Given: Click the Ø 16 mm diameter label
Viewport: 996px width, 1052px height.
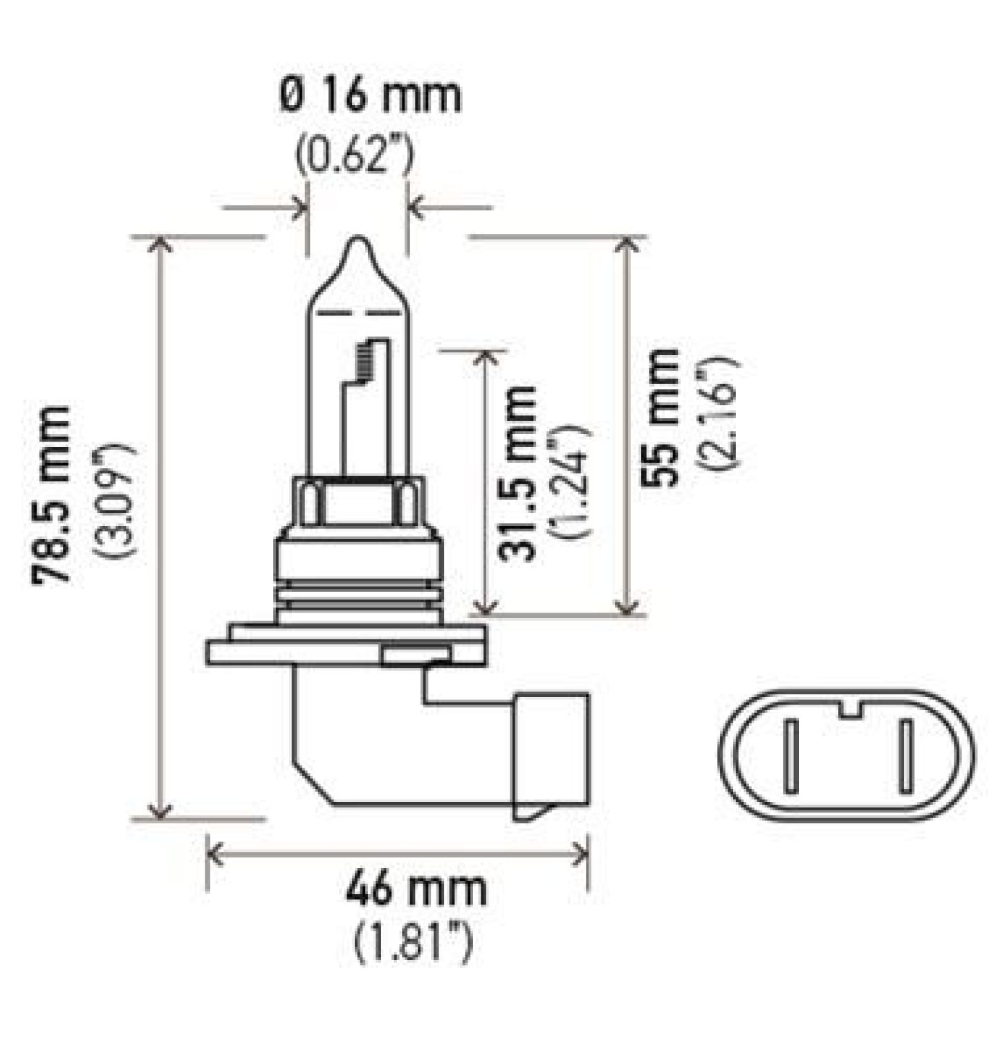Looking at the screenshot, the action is point(371,97).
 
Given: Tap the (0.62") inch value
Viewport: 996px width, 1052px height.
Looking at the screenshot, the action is point(355,156).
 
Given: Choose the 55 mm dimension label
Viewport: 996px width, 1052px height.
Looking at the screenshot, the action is point(658,418).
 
